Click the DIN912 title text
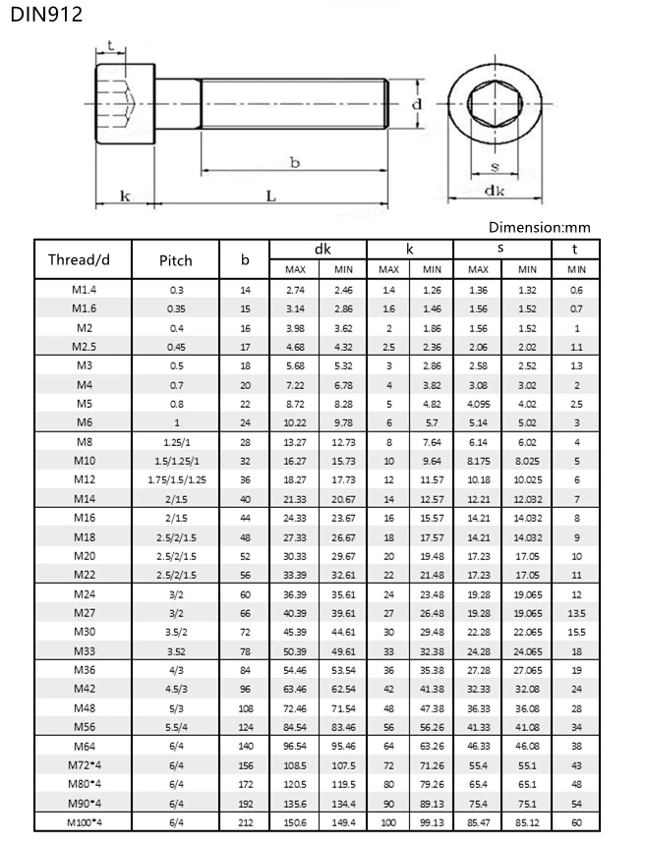point(41,14)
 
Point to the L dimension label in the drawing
point(270,196)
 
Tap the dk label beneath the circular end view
point(495,191)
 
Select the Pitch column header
point(176,260)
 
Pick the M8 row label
point(84,442)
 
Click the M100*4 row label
point(84,821)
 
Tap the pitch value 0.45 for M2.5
point(176,347)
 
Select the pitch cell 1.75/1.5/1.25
point(176,479)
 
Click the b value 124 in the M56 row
point(245,726)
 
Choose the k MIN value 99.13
point(431,821)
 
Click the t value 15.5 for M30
point(576,631)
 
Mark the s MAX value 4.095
point(478,403)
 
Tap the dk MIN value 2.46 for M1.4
point(343,290)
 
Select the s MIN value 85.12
point(527,821)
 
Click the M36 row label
point(84,670)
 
